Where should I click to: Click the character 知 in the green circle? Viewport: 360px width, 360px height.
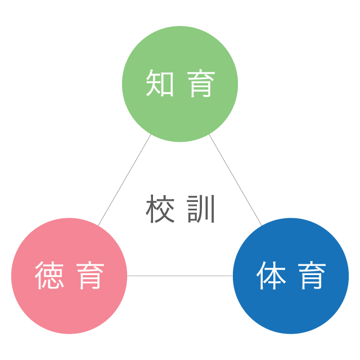tap(160, 83)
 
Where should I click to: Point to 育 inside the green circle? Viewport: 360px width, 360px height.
tap(201, 83)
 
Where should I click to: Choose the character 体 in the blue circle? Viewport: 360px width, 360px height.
tap(271, 276)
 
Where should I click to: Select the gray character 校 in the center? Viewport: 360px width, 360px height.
tap(160, 209)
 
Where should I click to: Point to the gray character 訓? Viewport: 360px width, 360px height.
tap(201, 209)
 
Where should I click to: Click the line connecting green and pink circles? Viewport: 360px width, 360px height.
tap(124, 180)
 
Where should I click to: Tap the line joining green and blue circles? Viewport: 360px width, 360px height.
tap(236, 180)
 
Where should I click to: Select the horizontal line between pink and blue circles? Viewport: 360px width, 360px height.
tap(180, 276)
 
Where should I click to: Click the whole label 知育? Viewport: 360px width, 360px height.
tap(180, 83)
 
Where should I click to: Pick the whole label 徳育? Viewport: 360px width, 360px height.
tap(69, 276)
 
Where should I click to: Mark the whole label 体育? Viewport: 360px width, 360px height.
tap(291, 276)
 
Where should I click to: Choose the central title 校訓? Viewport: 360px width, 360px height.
tap(180, 209)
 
